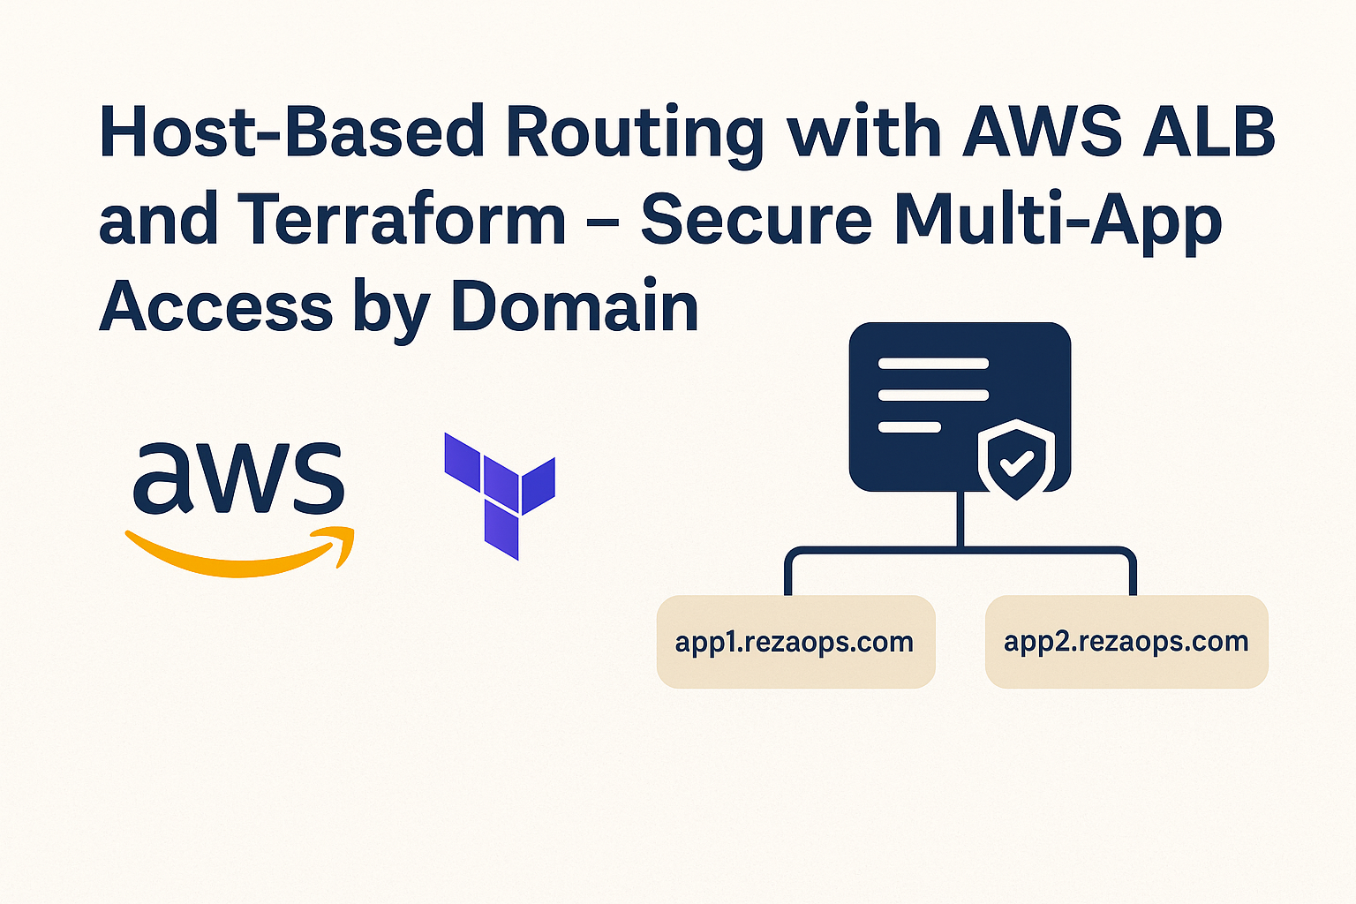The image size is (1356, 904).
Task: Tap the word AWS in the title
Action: click(x=1042, y=132)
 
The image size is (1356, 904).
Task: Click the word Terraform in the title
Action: click(x=402, y=221)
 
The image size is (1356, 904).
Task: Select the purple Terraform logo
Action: click(x=500, y=495)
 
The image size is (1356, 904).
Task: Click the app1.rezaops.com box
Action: click(x=795, y=642)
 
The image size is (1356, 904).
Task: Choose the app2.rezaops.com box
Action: click(x=1126, y=642)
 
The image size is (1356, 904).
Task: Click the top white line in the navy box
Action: click(x=933, y=363)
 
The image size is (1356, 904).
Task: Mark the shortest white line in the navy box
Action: click(x=909, y=427)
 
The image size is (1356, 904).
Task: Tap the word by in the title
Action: click(x=391, y=309)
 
